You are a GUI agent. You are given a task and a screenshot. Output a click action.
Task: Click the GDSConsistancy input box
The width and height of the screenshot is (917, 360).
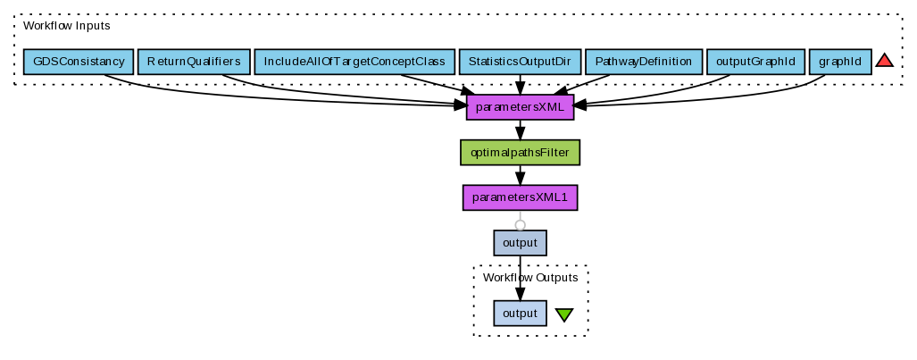[79, 62]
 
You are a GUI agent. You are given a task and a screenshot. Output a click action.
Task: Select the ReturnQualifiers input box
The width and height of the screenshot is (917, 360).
[194, 62]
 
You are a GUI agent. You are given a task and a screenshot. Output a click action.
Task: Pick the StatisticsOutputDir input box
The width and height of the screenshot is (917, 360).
[519, 62]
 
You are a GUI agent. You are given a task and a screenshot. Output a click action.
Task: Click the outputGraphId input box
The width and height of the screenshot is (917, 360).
[754, 62]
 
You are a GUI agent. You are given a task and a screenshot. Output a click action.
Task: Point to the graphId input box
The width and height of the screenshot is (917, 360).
[839, 62]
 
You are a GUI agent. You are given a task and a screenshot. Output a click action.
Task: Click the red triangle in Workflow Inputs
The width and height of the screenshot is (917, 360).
[884, 61]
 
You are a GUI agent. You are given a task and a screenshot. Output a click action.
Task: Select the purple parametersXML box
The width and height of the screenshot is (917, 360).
[520, 107]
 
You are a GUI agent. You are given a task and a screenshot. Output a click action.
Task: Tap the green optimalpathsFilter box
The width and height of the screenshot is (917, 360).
[520, 153]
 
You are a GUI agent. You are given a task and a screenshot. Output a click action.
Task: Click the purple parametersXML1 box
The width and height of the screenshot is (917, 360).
[520, 197]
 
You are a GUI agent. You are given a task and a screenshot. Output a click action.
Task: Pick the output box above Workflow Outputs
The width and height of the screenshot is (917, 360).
[520, 242]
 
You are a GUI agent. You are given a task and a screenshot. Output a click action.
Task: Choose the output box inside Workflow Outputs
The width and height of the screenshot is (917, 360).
[520, 314]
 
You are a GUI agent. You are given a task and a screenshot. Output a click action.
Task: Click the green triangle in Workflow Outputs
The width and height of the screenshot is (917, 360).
[564, 314]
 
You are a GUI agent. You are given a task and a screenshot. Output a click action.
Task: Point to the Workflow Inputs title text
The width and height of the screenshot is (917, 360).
[66, 26]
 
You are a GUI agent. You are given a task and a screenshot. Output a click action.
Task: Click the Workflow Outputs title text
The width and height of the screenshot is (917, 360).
[530, 278]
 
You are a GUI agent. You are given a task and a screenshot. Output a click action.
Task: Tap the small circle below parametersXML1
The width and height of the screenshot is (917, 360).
[520, 225]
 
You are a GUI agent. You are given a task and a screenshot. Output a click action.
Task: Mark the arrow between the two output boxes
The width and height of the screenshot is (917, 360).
[520, 277]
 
